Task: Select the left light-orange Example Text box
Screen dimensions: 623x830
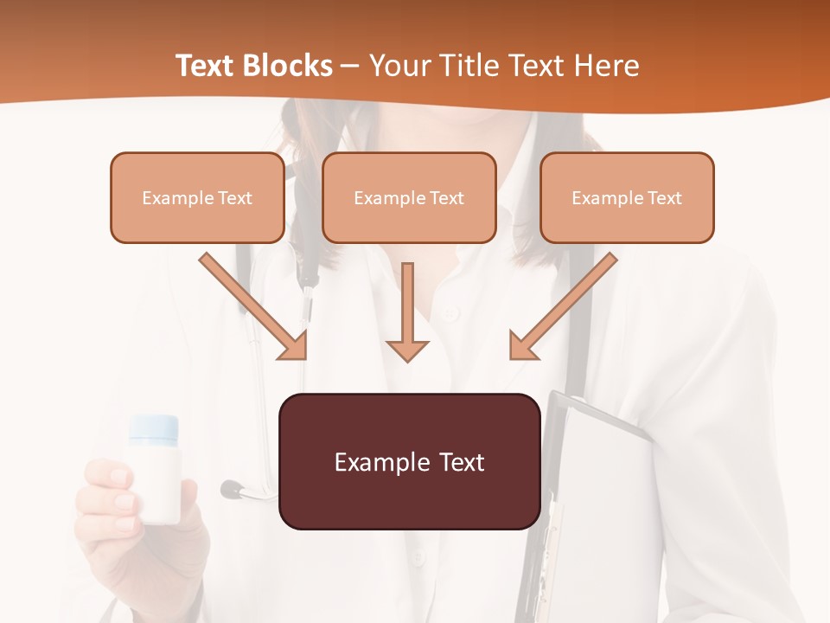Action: click(x=197, y=197)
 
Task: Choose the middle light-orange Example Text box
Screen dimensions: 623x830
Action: click(x=409, y=197)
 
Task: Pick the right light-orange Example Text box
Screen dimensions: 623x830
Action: click(x=627, y=197)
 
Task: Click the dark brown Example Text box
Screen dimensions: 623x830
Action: click(x=409, y=461)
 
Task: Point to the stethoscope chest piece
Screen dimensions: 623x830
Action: click(x=232, y=490)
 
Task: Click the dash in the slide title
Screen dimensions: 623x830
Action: click(x=350, y=66)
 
